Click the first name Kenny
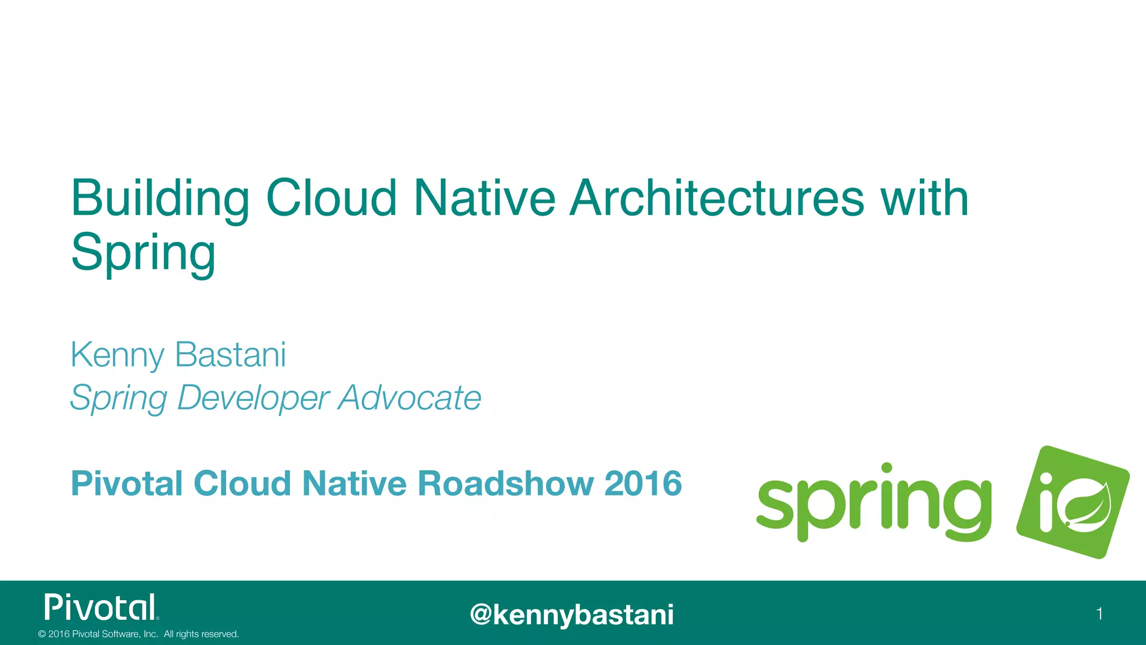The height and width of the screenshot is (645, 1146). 117,356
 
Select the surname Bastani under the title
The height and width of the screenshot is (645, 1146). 230,354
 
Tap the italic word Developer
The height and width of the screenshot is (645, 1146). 253,399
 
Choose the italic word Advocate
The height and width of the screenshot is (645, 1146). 410,398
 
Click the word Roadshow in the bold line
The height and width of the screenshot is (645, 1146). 505,483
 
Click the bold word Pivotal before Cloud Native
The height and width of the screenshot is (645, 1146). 126,483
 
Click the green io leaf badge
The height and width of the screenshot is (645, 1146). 1073,502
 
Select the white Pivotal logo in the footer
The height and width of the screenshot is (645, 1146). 101,607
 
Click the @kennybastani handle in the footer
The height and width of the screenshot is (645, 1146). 572,615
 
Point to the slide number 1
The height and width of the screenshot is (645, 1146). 1100,614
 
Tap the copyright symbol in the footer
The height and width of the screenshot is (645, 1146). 41,634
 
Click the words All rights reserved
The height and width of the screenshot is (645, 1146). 201,634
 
